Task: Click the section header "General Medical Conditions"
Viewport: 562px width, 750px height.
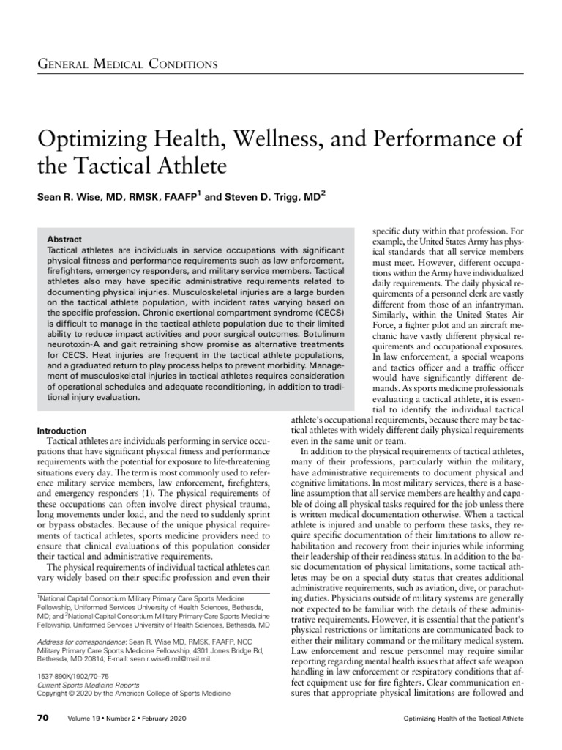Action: click(x=127, y=64)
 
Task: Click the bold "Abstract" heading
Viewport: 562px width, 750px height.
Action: click(x=64, y=240)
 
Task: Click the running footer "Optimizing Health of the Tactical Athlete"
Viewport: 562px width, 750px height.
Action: click(x=464, y=719)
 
